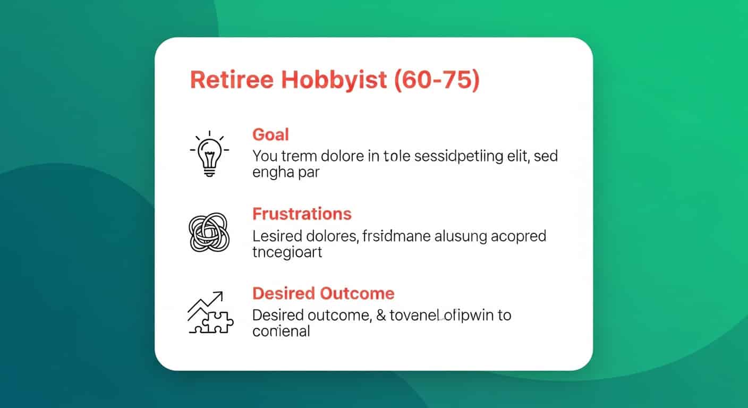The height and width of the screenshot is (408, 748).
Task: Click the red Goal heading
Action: tap(270, 134)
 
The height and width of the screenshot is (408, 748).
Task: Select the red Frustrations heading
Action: tap(302, 214)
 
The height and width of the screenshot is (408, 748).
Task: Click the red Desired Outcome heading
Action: tap(323, 293)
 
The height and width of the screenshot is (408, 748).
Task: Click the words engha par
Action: tap(286, 173)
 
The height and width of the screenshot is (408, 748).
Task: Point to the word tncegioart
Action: tap(287, 252)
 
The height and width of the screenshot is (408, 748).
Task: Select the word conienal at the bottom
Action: tap(280, 331)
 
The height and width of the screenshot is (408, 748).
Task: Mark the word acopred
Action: tap(517, 235)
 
